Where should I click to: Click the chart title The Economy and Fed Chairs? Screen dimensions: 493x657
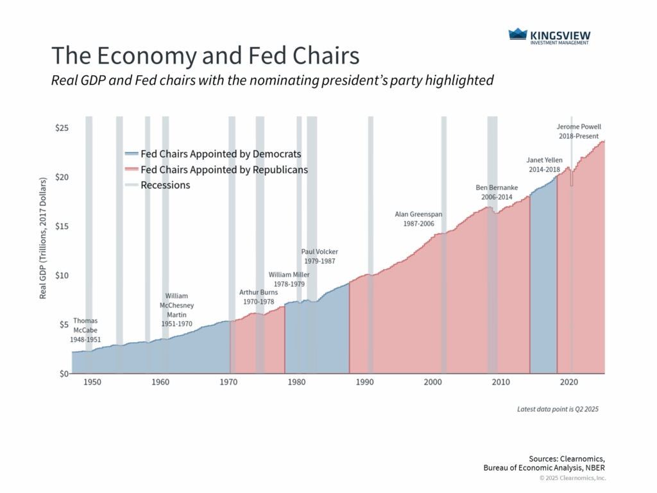click(x=205, y=56)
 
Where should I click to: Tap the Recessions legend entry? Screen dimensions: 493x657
click(x=165, y=185)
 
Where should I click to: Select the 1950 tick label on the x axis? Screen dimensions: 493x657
click(x=92, y=383)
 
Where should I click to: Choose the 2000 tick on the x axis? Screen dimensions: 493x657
click(x=432, y=383)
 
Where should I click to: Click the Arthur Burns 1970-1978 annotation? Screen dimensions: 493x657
click(x=259, y=297)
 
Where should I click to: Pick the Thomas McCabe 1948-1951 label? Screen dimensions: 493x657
click(x=86, y=329)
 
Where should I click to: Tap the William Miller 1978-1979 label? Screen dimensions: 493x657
click(x=289, y=279)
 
